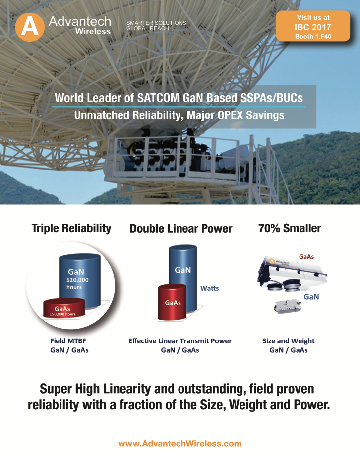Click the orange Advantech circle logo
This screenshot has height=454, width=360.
coord(30,27)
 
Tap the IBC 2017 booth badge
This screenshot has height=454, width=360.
coord(313,26)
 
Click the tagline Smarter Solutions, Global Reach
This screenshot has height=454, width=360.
coord(157,25)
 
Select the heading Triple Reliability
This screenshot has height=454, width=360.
coord(71,228)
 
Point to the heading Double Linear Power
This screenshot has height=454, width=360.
coord(181,228)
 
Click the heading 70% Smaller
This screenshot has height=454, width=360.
coord(290,228)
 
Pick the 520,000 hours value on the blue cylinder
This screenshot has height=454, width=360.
coord(77,284)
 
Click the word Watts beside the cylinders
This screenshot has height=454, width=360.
coord(210,288)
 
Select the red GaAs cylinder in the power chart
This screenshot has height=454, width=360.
coord(172,302)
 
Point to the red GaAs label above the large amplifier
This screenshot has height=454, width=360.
coord(306,257)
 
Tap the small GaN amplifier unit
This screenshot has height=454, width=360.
coord(288,306)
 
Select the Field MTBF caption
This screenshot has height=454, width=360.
coord(68,341)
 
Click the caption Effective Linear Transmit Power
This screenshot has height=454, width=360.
coord(180,341)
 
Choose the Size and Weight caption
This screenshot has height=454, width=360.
coord(289,341)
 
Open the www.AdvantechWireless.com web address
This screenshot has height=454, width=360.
coord(180,443)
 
